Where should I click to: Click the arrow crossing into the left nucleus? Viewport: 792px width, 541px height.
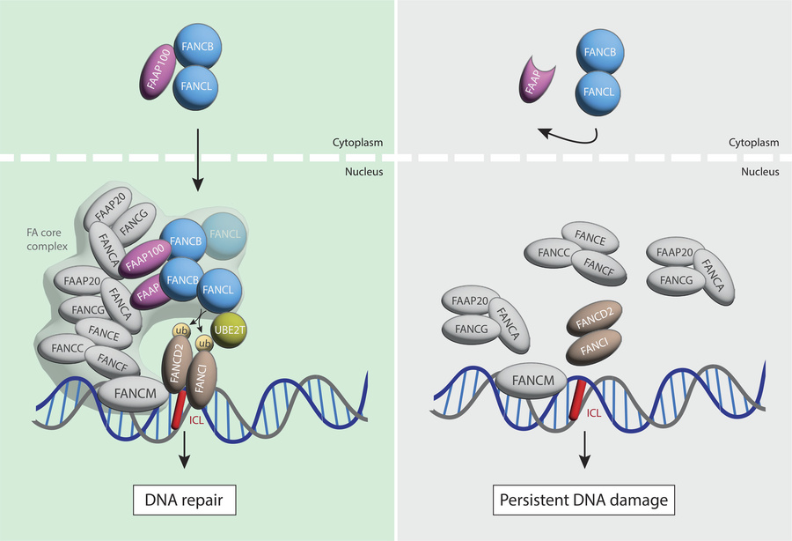tap(197, 159)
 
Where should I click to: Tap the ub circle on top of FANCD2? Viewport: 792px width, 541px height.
tap(180, 331)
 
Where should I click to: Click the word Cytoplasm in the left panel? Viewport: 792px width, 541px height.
tap(361, 142)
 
